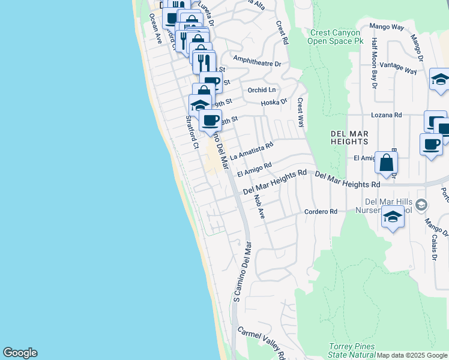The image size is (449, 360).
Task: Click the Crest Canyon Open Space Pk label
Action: (x=336, y=37)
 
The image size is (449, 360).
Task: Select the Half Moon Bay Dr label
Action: (x=374, y=63)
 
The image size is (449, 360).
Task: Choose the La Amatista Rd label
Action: (x=252, y=149)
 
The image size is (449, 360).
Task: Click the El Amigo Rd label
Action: (x=255, y=169)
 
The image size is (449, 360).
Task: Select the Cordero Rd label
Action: (x=321, y=212)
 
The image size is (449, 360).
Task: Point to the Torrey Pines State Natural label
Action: (x=352, y=350)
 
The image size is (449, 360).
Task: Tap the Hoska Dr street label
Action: (x=274, y=103)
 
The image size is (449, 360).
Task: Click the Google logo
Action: (x=20, y=353)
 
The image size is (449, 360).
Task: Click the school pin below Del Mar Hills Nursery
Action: (x=393, y=217)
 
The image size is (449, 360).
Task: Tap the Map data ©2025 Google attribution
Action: (x=412, y=355)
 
